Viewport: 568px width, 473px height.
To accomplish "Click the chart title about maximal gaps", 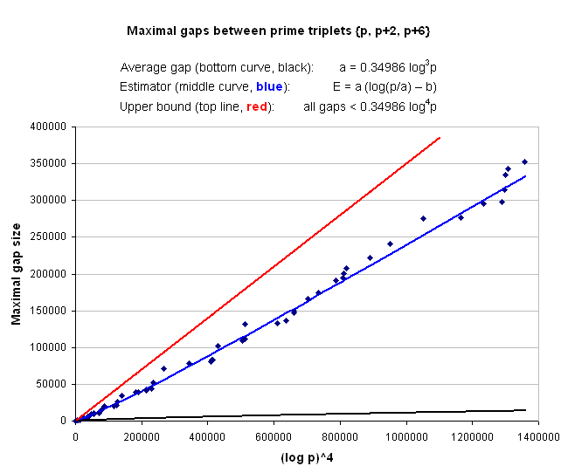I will [278, 31].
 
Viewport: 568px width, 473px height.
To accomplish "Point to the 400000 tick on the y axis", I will [52, 127].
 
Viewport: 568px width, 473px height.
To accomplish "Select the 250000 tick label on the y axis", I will [52, 236].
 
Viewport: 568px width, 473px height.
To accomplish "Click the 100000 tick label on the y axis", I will [52, 347].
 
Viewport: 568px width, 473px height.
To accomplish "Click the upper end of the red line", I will [440, 138].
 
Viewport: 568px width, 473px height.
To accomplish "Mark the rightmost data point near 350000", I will [524, 161].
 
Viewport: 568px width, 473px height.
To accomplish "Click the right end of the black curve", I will [525, 409].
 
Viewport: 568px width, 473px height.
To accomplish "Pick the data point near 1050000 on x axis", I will [423, 218].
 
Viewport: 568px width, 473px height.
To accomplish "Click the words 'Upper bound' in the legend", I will [149, 106].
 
